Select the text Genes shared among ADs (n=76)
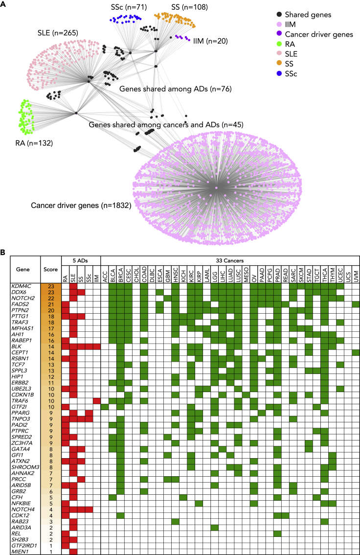[x=175, y=89]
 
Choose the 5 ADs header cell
[x=81, y=258]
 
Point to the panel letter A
[x=3, y=4]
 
